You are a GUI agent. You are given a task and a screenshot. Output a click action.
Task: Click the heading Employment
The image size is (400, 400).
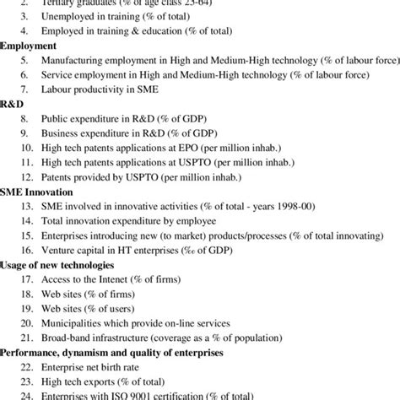30,45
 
